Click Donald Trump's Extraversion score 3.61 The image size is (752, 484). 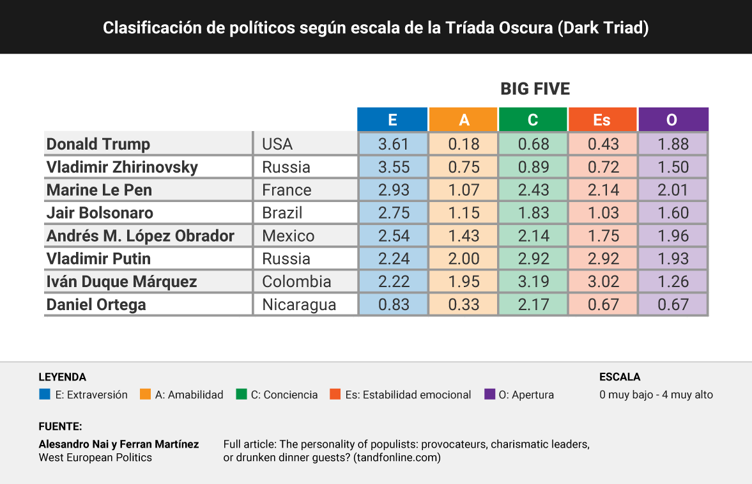(x=393, y=144)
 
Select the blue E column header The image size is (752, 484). (x=392, y=120)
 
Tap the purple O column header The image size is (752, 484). (x=672, y=120)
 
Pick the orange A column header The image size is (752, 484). (x=464, y=120)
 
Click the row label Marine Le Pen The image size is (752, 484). (x=99, y=190)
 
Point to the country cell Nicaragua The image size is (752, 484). (x=298, y=304)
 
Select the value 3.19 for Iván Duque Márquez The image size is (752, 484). (x=533, y=281)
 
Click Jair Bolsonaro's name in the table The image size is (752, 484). (x=100, y=213)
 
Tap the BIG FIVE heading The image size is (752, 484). (x=535, y=89)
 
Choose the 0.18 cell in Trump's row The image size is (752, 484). (x=464, y=144)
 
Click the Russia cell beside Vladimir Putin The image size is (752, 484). (x=286, y=258)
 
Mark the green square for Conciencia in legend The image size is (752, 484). (x=241, y=394)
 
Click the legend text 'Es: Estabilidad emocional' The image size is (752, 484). (x=408, y=394)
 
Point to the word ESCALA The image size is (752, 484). (x=620, y=377)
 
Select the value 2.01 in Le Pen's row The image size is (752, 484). (x=673, y=190)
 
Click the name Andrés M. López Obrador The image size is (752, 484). (x=141, y=236)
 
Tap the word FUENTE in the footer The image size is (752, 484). (x=60, y=426)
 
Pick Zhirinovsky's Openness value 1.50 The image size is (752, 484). (x=673, y=167)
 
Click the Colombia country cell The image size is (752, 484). (x=296, y=281)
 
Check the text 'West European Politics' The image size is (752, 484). (x=95, y=457)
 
